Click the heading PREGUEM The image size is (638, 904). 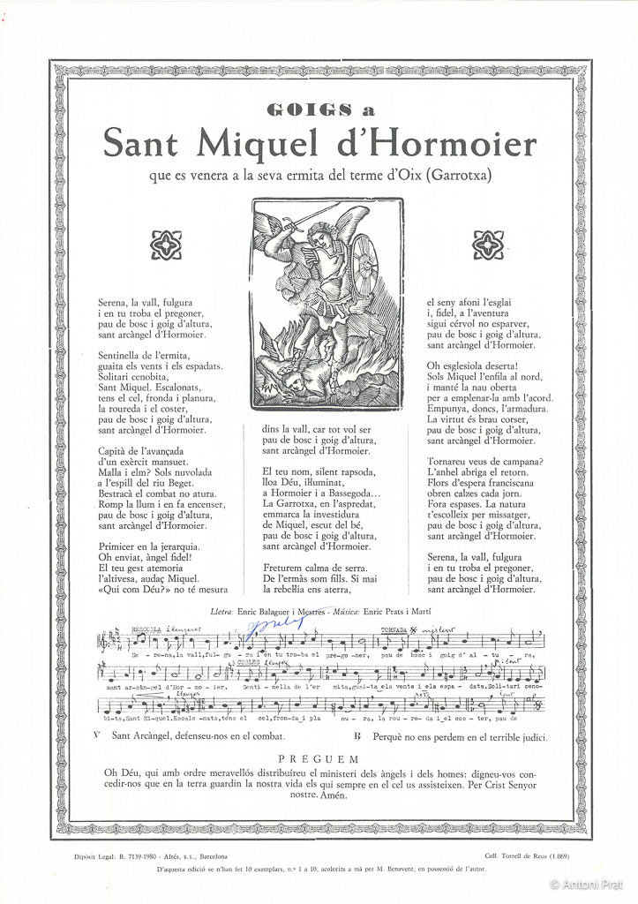pos(319,758)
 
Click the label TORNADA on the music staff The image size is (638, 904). pos(393,629)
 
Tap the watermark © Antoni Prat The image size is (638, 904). pos(589,884)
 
